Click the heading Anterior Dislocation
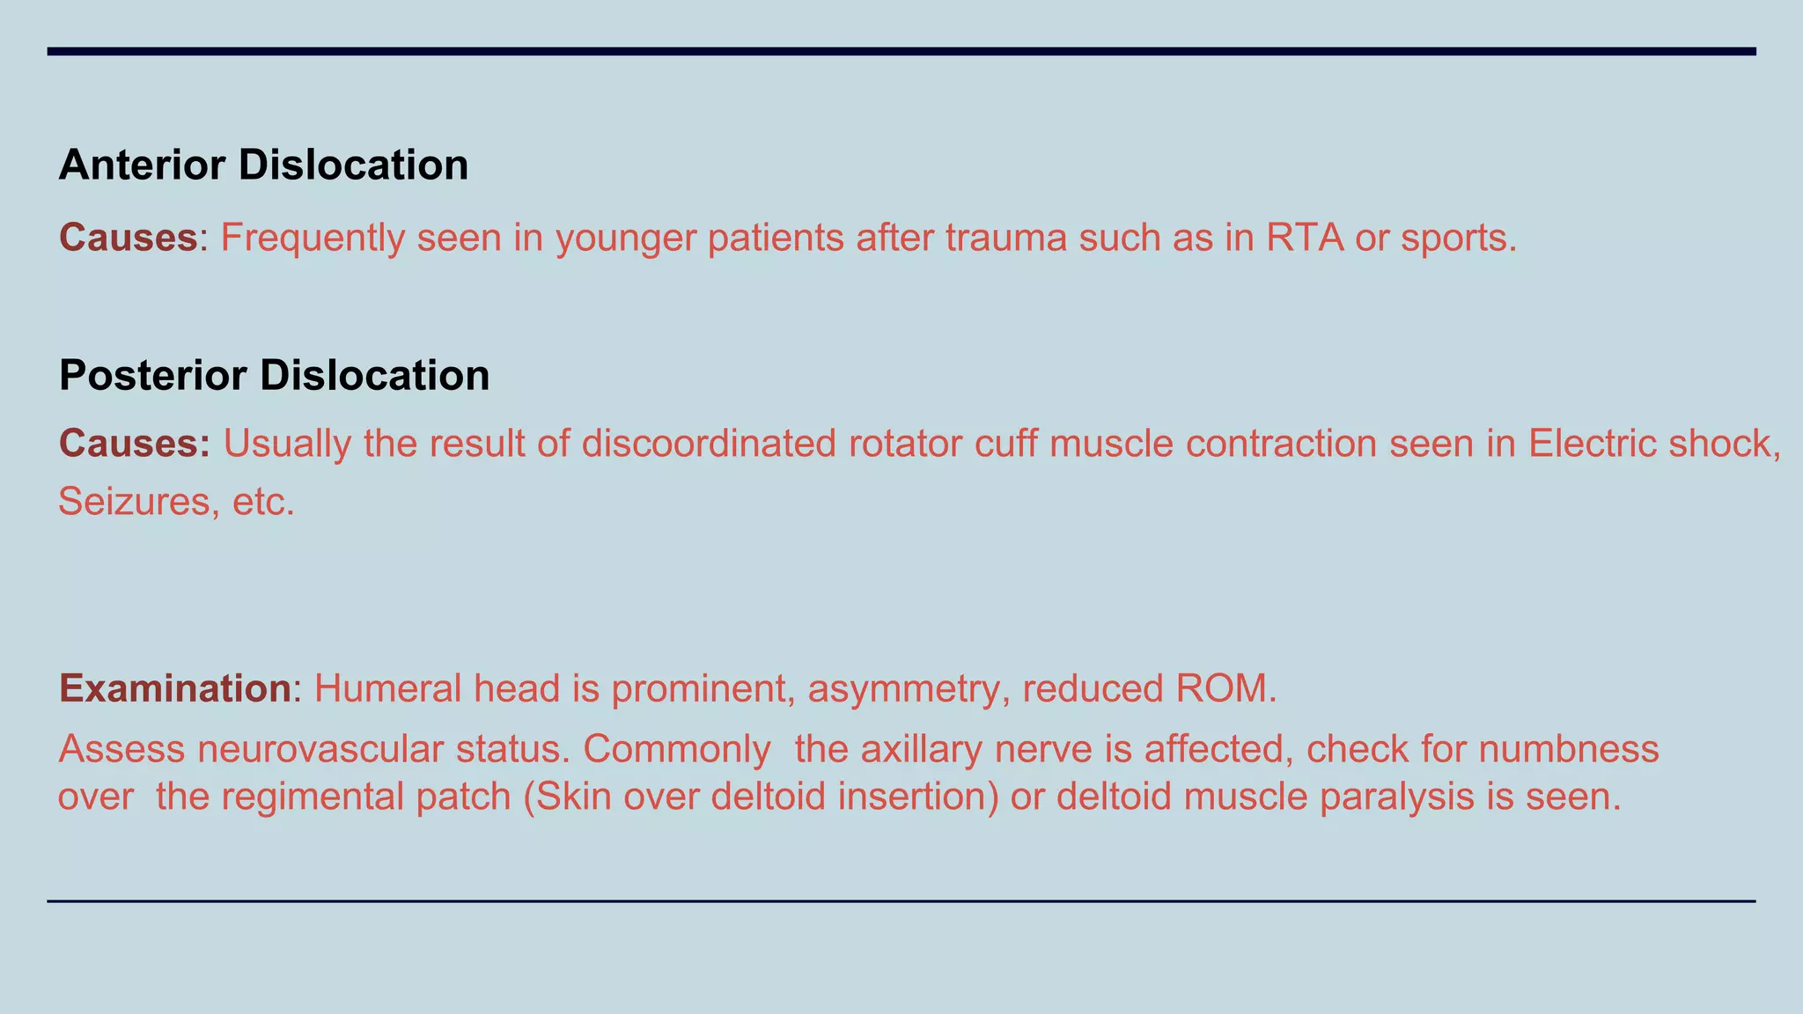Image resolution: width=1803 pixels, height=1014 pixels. (263, 165)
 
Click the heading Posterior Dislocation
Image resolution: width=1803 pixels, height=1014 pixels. (274, 375)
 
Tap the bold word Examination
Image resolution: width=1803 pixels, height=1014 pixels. (174, 688)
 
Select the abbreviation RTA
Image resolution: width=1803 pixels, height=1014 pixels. (1305, 238)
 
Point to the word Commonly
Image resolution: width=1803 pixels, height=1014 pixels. (676, 750)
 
